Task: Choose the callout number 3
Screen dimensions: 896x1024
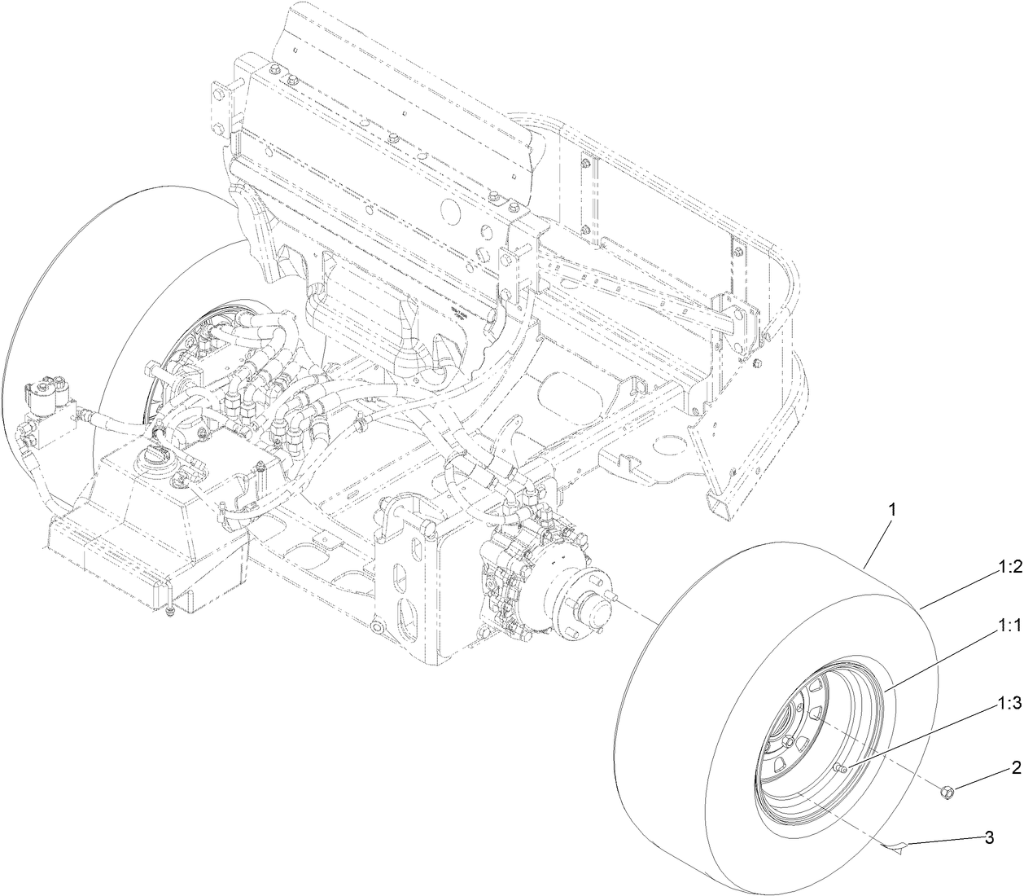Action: [x=989, y=837]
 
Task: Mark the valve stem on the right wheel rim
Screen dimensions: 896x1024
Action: [x=841, y=768]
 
